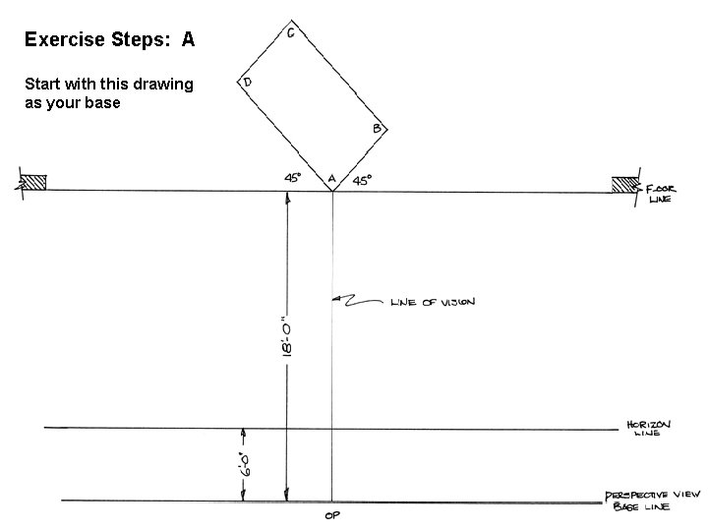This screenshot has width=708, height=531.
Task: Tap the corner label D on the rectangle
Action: click(248, 84)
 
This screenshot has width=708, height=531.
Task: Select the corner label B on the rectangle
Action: click(377, 129)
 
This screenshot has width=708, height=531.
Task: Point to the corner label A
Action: click(331, 179)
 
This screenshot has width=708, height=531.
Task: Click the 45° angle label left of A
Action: click(293, 178)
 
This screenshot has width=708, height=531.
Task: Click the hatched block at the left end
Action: click(32, 182)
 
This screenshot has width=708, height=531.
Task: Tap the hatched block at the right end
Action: click(623, 184)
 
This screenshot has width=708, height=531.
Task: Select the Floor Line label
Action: click(659, 192)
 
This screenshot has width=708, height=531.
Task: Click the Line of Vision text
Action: click(433, 303)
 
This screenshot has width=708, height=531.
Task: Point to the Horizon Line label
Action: click(649, 429)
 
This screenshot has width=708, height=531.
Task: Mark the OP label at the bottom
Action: click(331, 514)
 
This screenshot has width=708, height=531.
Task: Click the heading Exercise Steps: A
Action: click(109, 40)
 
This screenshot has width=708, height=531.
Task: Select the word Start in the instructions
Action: click(42, 84)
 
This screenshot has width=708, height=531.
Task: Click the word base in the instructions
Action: click(102, 102)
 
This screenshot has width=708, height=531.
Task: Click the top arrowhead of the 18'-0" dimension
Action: click(287, 197)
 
